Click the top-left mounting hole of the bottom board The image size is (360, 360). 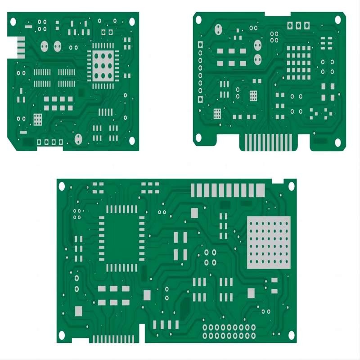(62, 185)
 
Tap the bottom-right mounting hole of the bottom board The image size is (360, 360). (292, 335)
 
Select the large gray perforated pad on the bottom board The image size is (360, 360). (269, 242)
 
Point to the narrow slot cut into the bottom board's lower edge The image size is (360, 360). (142, 333)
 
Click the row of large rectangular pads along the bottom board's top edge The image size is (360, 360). (228, 190)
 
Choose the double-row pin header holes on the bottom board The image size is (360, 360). (229, 332)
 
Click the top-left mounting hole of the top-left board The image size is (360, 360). (13, 21)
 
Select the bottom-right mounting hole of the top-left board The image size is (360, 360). (132, 141)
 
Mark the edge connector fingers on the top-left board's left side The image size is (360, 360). (20, 48)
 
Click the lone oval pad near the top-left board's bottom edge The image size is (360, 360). (78, 139)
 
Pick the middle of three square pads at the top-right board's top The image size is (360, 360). (299, 25)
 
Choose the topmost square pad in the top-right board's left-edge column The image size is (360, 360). (200, 44)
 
